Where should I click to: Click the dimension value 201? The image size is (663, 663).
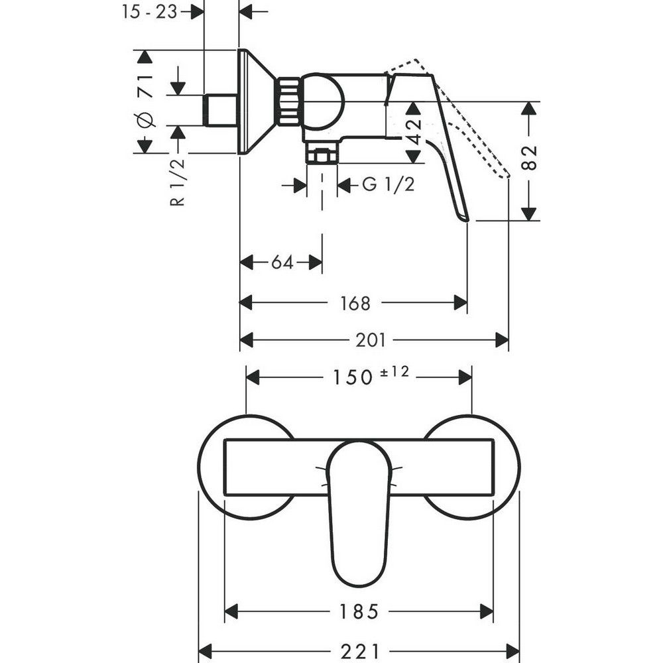pyautogui.click(x=371, y=340)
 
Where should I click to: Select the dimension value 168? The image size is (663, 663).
pyautogui.click(x=356, y=303)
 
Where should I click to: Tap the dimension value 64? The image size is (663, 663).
pyautogui.click(x=282, y=263)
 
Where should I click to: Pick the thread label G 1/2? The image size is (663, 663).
pyautogui.click(x=388, y=185)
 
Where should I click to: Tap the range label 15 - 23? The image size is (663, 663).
pyautogui.click(x=150, y=11)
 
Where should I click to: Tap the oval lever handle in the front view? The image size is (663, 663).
pyautogui.click(x=359, y=511)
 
